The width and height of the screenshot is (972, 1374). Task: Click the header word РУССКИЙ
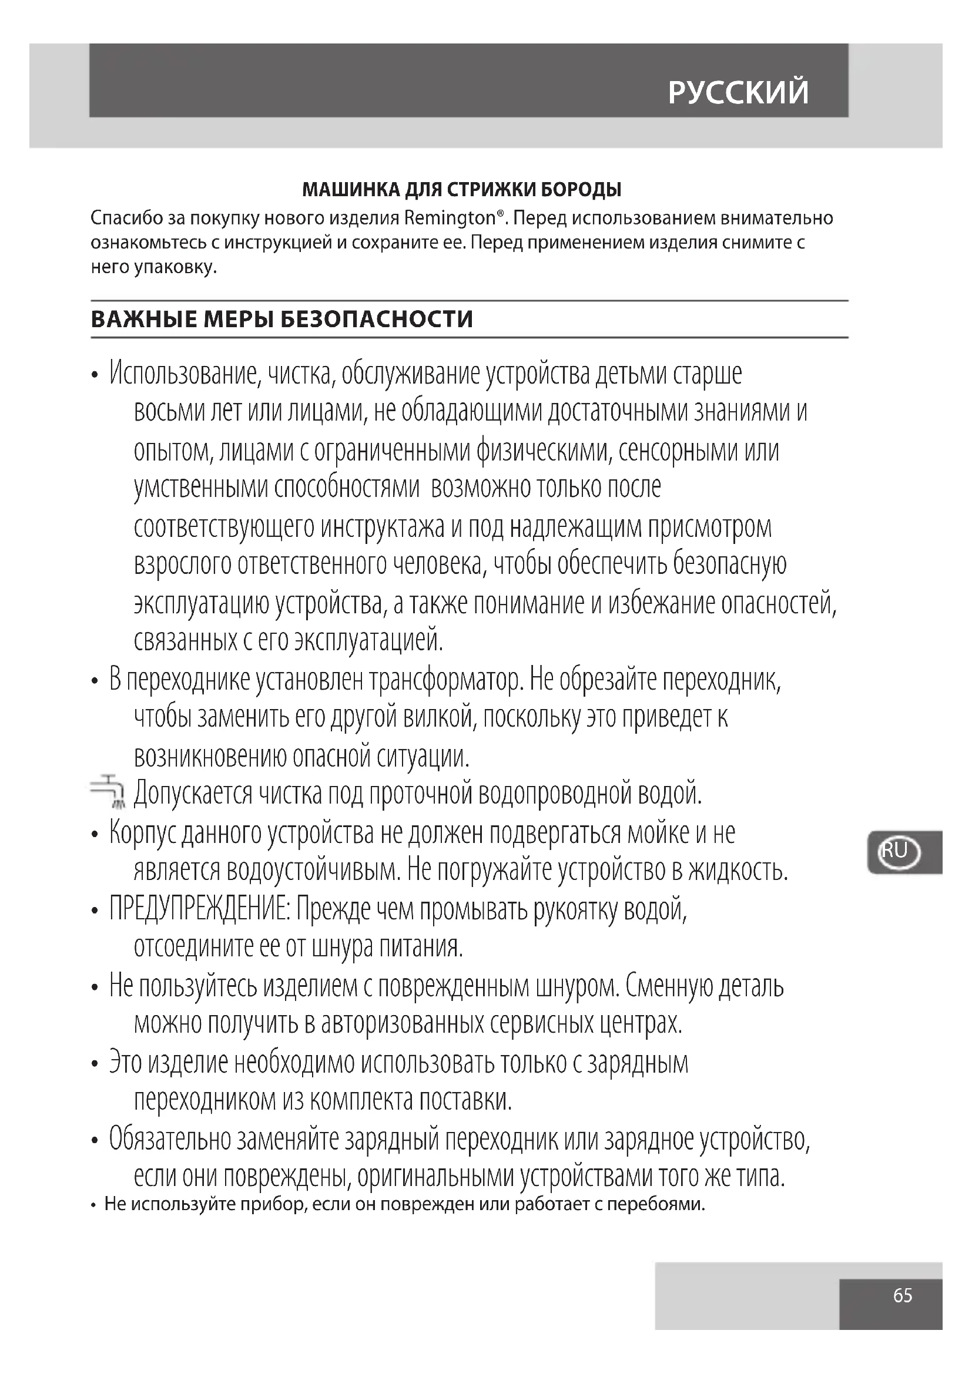(738, 93)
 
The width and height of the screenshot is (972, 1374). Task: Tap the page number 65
(903, 1295)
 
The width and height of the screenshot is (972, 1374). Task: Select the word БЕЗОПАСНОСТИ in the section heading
(377, 320)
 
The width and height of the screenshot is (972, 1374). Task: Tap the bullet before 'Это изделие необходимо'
(95, 1064)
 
